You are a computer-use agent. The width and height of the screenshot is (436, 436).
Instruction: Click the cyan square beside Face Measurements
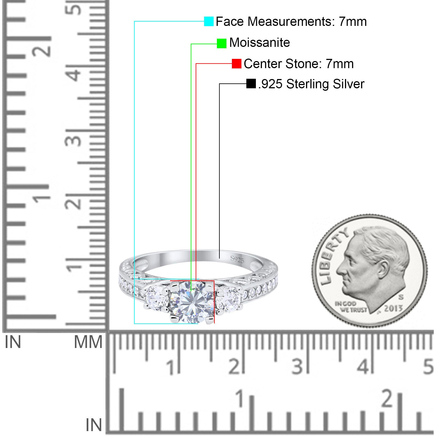coord(209,22)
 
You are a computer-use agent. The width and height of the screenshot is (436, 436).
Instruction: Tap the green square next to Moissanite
coord(222,43)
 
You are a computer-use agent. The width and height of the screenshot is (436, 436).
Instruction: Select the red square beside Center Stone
coord(237,64)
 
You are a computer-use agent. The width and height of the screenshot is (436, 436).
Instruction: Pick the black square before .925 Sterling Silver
coord(251,84)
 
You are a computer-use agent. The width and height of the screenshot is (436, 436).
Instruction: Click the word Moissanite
coord(260,43)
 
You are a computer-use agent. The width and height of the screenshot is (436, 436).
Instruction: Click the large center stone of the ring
coord(192,302)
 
